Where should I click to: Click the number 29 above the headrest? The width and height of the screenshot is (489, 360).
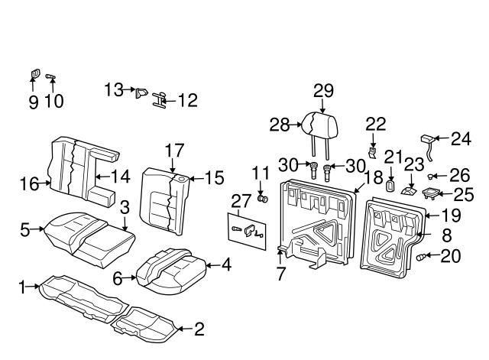point(323,91)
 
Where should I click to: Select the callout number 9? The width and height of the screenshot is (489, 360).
point(33,102)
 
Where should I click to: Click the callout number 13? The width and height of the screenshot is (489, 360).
point(114,90)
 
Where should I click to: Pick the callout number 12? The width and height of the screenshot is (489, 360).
point(187,100)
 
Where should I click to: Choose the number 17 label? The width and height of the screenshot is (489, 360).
point(175,150)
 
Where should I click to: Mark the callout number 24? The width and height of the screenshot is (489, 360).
point(460,139)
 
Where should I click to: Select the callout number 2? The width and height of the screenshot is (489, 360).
point(199,329)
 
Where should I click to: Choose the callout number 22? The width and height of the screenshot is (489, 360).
point(375,125)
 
